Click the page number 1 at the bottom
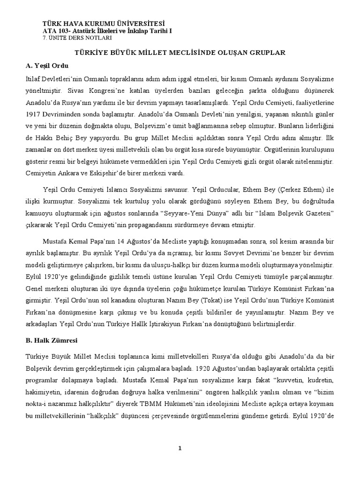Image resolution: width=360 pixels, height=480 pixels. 180,449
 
